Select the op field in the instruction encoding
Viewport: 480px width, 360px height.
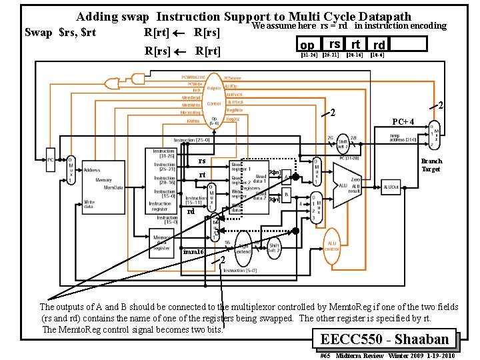tap(307, 45)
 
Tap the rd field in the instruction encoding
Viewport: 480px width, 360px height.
tap(379, 45)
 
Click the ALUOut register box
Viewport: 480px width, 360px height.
tap(390, 189)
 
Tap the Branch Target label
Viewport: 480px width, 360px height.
tap(431, 165)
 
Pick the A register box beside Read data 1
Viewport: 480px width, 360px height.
tap(286, 176)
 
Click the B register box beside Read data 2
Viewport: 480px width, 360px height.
tap(286, 195)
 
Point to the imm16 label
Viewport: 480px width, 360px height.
tap(192, 251)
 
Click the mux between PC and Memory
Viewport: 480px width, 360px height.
tap(70, 173)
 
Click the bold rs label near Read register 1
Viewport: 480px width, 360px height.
tap(201, 161)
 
